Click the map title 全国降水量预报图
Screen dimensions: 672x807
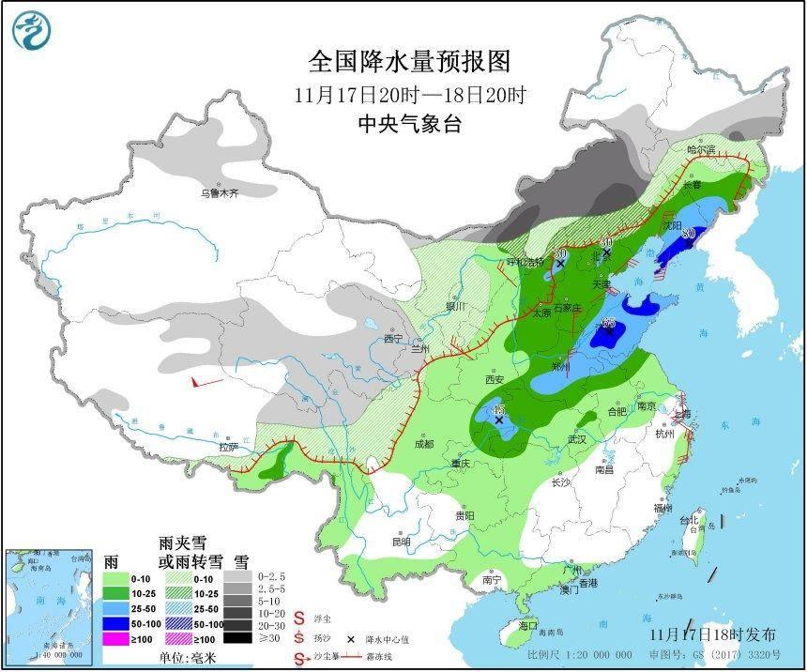pos(410,62)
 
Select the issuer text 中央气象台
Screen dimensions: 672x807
pos(410,124)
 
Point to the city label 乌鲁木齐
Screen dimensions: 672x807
pos(219,193)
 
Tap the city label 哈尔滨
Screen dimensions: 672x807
pos(700,149)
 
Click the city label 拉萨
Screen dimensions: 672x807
pos(229,447)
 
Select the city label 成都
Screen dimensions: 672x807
pos(424,443)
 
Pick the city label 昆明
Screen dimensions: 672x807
pos(401,542)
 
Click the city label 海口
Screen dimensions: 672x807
pos(527,624)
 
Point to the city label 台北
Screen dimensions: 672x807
pos(690,520)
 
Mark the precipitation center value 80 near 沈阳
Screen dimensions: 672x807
pos(689,233)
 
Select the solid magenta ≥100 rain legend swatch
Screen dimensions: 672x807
pos(117,639)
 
